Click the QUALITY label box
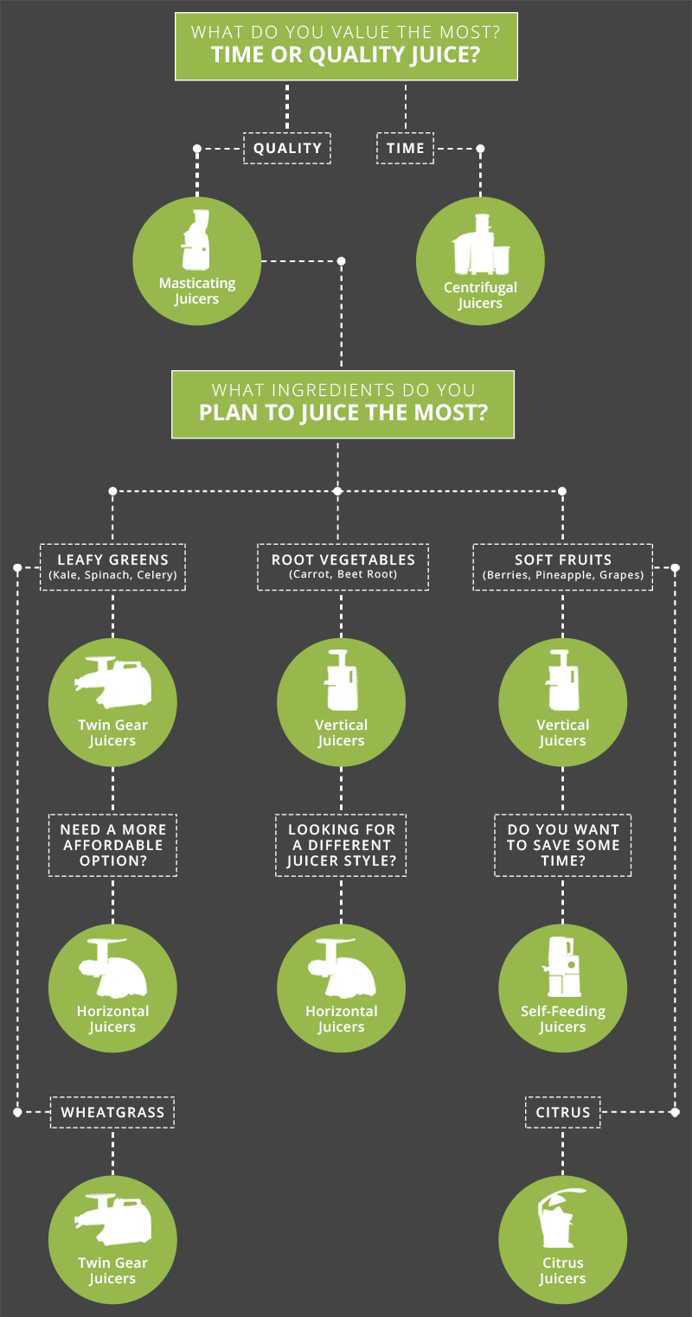(x=287, y=148)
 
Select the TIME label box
(x=406, y=148)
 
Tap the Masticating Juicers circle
(x=197, y=261)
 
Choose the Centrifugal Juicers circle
(x=480, y=261)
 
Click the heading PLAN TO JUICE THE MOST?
(x=343, y=412)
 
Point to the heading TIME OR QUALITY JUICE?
(x=346, y=56)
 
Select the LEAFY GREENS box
(x=113, y=566)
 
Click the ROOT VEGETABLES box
(x=343, y=566)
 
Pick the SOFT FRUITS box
(x=563, y=566)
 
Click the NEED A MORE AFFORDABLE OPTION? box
(x=112, y=845)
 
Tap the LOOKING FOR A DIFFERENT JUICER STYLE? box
(x=341, y=845)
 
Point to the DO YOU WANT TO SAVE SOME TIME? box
(x=563, y=845)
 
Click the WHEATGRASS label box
(x=112, y=1112)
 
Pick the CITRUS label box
(x=563, y=1112)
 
